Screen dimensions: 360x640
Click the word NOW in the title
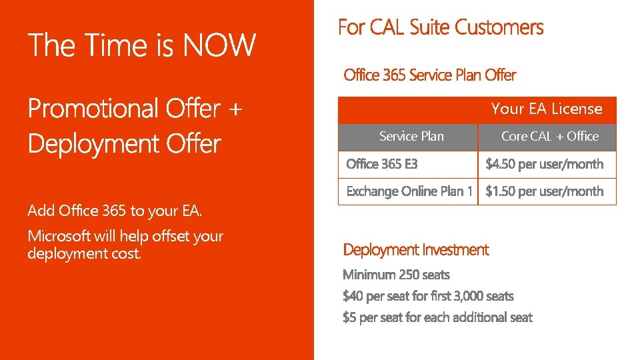tap(219, 45)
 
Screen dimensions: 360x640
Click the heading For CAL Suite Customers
tap(441, 28)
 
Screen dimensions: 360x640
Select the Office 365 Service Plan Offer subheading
tap(429, 75)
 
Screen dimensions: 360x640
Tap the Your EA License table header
tap(547, 109)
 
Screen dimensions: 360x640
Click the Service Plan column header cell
tap(411, 137)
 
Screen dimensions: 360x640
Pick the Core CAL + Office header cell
tap(549, 137)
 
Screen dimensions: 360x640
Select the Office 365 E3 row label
tap(382, 164)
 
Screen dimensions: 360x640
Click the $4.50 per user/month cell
tap(544, 164)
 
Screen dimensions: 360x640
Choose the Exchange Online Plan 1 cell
tap(409, 191)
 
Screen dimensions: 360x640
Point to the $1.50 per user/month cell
tap(544, 191)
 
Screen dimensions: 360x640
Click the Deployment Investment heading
tap(415, 250)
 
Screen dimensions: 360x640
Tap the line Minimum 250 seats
tap(396, 275)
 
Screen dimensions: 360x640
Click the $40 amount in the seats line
tap(353, 296)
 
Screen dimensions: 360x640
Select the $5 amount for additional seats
tap(350, 317)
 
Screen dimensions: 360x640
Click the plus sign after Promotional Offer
tap(234, 108)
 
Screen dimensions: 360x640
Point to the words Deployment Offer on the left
tap(124, 144)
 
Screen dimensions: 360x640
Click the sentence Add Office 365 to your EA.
tap(115, 211)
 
